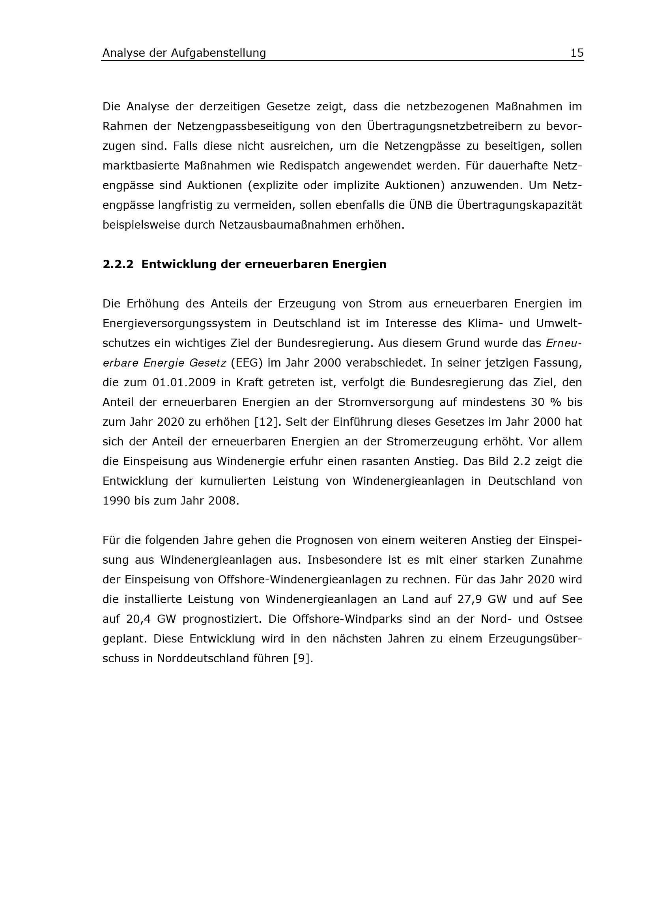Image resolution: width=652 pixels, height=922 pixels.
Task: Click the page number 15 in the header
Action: click(577, 53)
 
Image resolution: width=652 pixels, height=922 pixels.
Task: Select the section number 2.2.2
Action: click(118, 264)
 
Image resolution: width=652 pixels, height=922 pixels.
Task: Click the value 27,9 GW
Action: click(479, 600)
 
